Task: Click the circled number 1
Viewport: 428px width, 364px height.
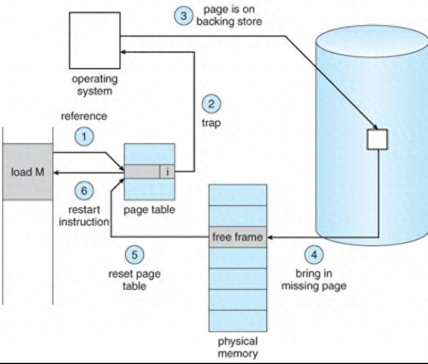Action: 85,136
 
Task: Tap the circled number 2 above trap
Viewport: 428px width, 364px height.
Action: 211,104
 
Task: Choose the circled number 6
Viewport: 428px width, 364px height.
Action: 85,191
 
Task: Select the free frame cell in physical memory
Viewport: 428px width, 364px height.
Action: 237,238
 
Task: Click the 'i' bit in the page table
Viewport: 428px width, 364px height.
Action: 168,172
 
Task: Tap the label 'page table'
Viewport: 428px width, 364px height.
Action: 149,210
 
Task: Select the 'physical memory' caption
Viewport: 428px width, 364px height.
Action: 237,347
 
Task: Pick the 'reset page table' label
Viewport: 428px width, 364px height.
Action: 135,279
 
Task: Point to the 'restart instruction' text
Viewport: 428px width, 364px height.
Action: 84,216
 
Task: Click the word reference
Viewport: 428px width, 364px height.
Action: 84,116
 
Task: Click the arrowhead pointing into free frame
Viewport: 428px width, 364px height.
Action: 267,238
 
